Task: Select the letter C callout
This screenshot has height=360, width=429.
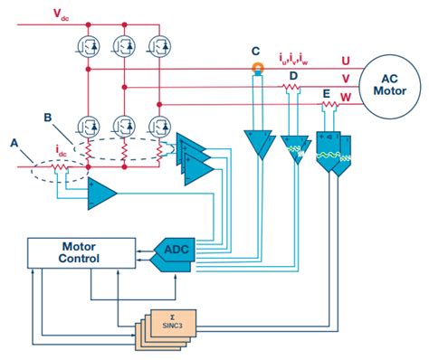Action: [256, 51]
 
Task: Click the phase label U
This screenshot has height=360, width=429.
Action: [346, 60]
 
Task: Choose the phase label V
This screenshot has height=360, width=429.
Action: [346, 79]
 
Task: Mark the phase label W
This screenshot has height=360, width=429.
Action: [346, 98]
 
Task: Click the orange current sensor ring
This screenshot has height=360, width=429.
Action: [257, 68]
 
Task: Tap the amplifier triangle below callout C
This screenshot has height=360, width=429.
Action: [256, 143]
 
